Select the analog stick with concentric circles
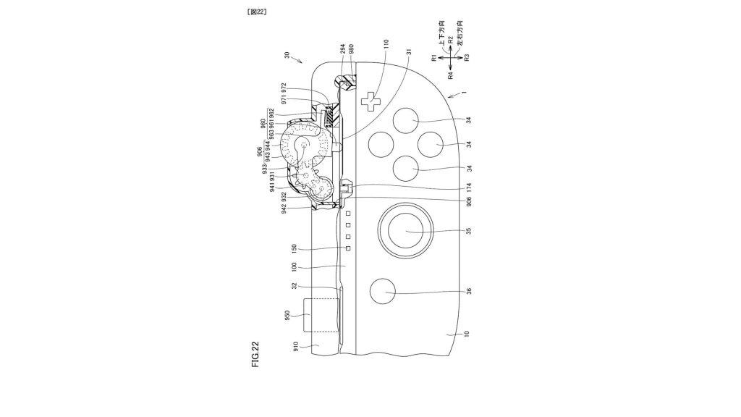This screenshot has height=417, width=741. click(405, 231)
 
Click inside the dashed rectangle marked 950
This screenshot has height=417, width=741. click(321, 316)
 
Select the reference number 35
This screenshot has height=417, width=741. click(468, 232)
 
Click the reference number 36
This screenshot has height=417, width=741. click(468, 292)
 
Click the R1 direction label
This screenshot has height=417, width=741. click(433, 57)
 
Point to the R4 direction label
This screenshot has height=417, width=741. click(449, 75)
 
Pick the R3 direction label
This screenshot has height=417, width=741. click(467, 57)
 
